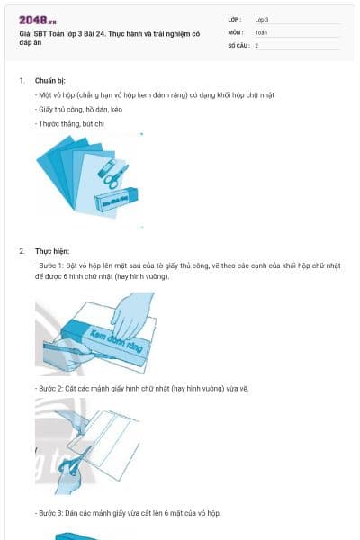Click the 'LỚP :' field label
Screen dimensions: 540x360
(x=235, y=19)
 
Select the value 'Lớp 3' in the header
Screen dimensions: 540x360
(x=262, y=19)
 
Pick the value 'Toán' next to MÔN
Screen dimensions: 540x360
(x=261, y=31)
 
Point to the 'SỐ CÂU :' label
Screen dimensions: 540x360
(x=238, y=45)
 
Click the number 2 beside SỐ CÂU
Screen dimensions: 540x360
(x=256, y=45)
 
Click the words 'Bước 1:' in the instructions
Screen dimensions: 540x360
(x=51, y=265)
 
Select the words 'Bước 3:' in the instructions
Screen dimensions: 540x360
(x=51, y=513)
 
